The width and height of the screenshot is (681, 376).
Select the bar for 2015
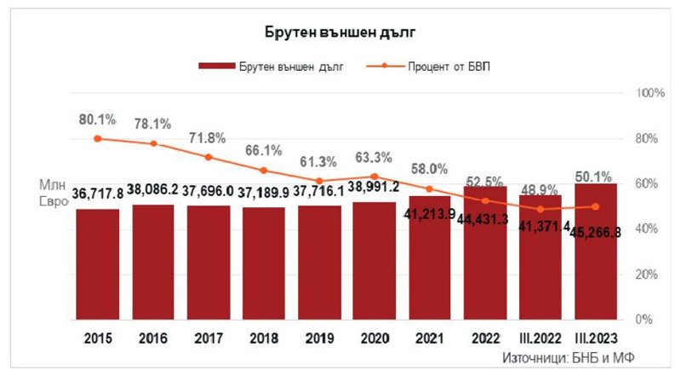tap(98, 264)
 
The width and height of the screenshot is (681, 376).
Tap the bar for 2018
tap(264, 264)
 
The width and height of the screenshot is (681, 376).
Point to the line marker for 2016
tap(153, 143)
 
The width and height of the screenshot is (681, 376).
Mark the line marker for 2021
tap(430, 188)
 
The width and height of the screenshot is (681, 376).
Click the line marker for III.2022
tap(541, 209)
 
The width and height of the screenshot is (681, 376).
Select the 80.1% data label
tap(98, 119)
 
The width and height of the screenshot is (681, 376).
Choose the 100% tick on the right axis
tap(650, 92)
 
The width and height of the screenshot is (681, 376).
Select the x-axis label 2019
tap(319, 338)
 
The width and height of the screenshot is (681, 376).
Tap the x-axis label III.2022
tap(541, 338)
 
